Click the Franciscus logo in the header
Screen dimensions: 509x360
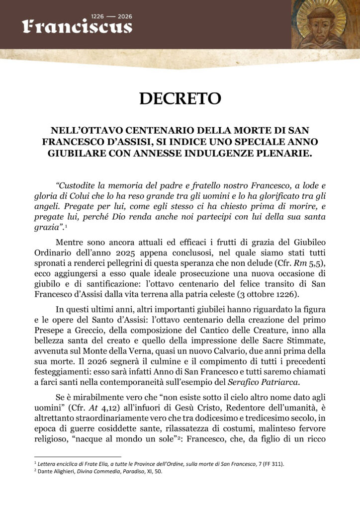(x=77, y=26)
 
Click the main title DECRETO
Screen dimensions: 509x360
(x=180, y=98)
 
